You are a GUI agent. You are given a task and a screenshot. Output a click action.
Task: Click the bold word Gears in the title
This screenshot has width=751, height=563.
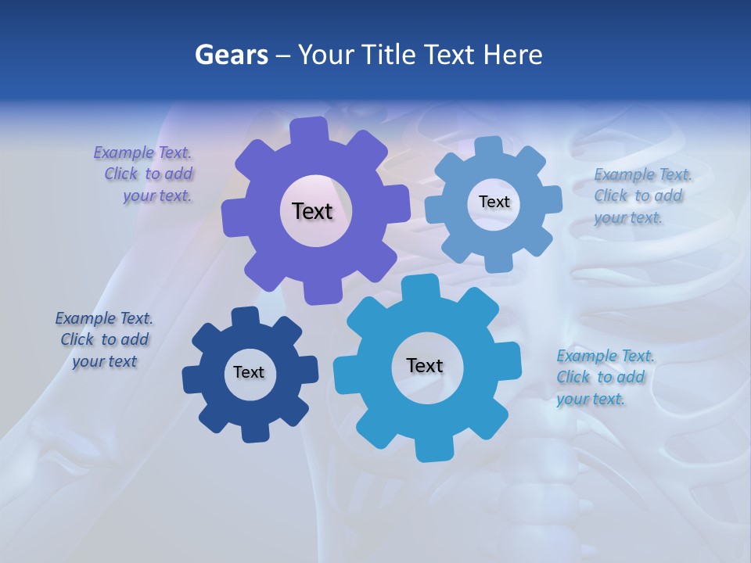point(231,55)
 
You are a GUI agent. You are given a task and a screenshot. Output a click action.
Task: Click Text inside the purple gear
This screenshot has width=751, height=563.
point(312,211)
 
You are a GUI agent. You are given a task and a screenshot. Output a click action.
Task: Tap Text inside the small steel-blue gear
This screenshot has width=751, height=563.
point(494,202)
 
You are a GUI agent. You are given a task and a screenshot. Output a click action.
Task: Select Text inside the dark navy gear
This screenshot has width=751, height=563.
point(249,372)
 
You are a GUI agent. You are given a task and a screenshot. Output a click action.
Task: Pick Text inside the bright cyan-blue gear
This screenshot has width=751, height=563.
point(425,365)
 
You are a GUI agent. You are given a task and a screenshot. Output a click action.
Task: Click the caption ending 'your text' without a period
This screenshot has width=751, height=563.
point(104,340)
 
